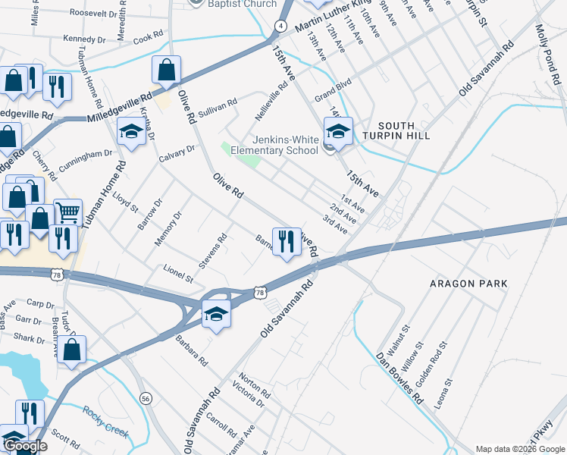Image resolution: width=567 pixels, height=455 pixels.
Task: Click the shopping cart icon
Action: pyautogui.click(x=67, y=212)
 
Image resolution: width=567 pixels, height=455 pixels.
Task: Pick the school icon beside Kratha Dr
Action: pyautogui.click(x=131, y=133)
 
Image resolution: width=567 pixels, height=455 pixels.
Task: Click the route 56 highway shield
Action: pyautogui.click(x=145, y=398)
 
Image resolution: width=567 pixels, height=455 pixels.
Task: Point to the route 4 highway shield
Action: pyautogui.click(x=280, y=26)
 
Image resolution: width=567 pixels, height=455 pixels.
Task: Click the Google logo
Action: pyautogui.click(x=25, y=446)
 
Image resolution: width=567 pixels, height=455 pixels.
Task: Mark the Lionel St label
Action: pyautogui.click(x=179, y=275)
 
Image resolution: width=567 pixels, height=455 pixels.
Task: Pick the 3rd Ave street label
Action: pyautogui.click(x=334, y=224)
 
